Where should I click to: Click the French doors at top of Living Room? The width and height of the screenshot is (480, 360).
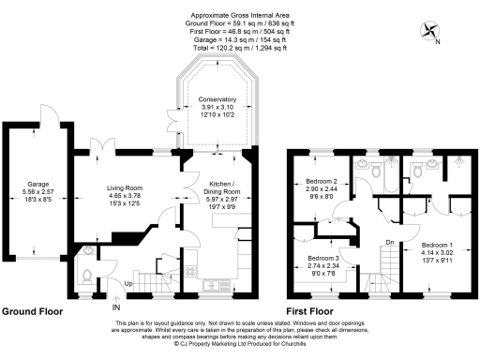point(99,146)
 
